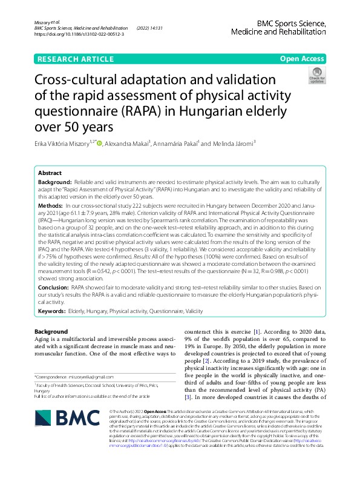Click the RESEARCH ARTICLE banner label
pos(76,59)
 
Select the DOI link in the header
pos(80,35)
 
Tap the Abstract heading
pos(50,173)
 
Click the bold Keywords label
pos(52,310)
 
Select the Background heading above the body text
pos(51,332)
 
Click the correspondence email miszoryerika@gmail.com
pos(102,377)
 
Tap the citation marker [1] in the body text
pos(257,332)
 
